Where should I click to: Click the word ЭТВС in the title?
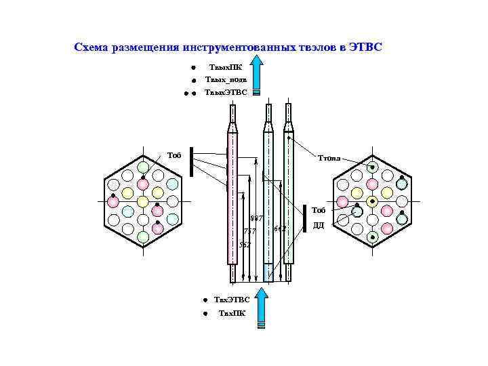[x=365, y=47]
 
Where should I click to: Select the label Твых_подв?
[x=226, y=80]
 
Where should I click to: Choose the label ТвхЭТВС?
[x=232, y=299]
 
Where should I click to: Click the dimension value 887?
[x=256, y=218]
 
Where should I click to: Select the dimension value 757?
[x=249, y=231]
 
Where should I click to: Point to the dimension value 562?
[x=244, y=243]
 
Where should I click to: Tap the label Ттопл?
[x=329, y=159]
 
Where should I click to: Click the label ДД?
[x=319, y=225]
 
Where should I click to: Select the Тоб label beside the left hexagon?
[x=175, y=155]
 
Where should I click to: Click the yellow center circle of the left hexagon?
[x=143, y=201]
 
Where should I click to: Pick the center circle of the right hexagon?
[x=372, y=201]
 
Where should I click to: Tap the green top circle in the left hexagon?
[x=143, y=167]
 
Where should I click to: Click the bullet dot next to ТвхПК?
[x=205, y=313]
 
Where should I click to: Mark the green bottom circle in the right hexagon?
[x=372, y=237]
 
